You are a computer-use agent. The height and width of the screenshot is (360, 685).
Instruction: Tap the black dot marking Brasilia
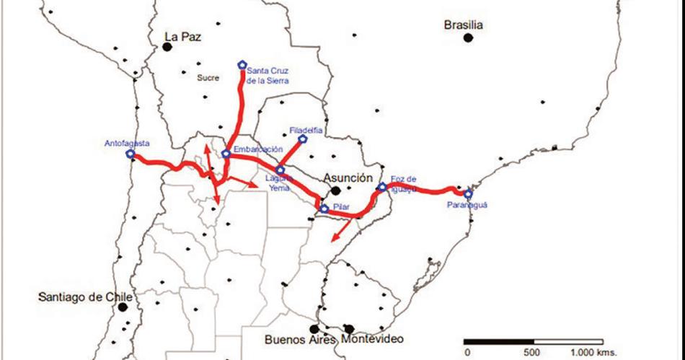tap(468, 38)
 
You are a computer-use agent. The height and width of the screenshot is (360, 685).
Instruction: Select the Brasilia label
tap(463, 25)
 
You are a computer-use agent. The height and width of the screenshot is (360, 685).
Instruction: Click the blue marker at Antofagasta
tap(130, 154)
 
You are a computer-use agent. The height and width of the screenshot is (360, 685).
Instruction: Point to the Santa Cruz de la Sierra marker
tap(242, 65)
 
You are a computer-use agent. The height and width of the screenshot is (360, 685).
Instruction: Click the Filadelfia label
tap(306, 130)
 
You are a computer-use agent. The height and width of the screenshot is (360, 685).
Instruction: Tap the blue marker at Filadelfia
tap(304, 138)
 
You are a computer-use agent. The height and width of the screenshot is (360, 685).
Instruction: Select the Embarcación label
tap(257, 149)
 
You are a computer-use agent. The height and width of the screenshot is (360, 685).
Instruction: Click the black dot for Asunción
tap(336, 190)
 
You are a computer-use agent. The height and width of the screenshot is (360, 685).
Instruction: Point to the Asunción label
tap(348, 177)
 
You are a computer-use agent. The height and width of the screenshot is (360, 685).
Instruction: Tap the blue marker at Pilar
tap(324, 209)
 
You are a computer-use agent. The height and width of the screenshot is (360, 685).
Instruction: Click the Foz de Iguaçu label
tap(404, 183)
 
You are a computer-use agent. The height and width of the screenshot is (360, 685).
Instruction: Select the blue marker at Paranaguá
tap(467, 194)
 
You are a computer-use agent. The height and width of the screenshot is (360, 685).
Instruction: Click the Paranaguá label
tap(467, 205)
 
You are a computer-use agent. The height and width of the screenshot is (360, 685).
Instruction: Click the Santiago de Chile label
tap(86, 297)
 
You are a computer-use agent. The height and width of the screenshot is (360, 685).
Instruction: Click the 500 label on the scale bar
tap(531, 353)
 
